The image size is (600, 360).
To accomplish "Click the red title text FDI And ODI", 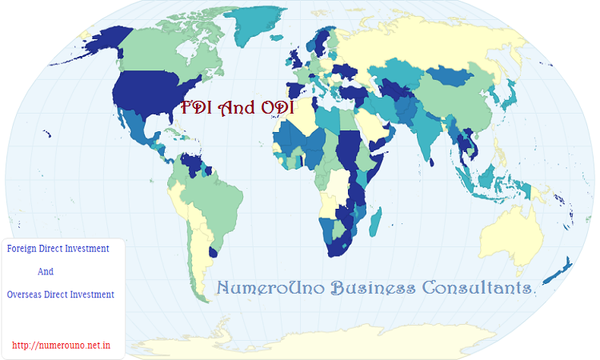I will click(238, 107).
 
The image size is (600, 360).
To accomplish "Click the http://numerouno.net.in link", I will click(61, 346).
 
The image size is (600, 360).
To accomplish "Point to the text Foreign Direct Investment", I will click(58, 249).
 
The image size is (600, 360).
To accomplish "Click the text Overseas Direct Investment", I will click(60, 294).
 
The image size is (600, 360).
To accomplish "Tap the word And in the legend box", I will click(46, 271).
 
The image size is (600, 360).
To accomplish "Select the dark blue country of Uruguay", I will click(213, 252).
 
